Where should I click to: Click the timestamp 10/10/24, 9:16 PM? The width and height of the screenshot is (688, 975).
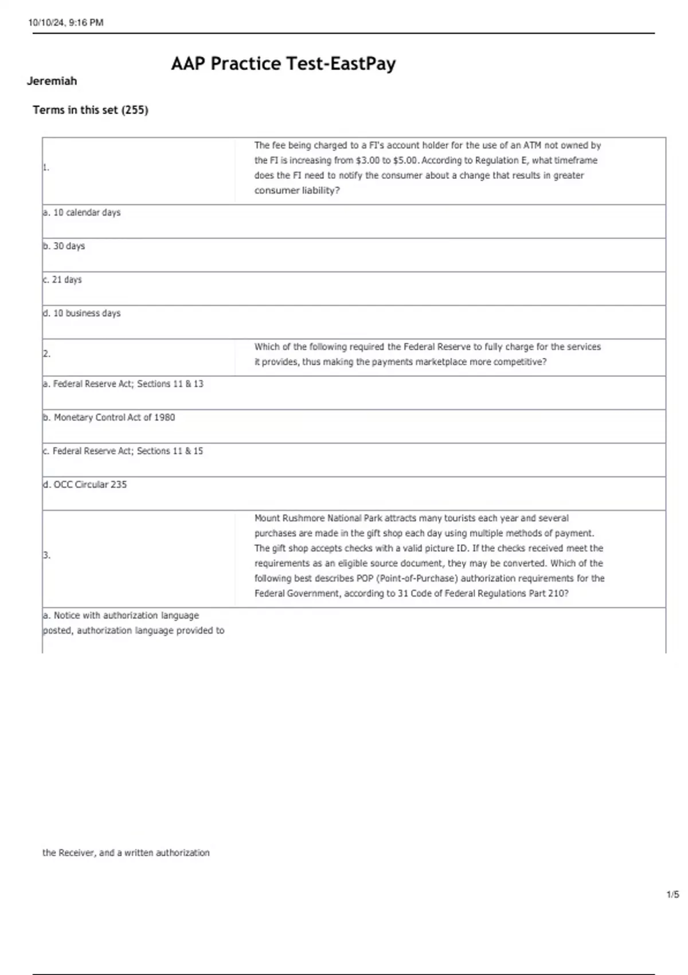[x=66, y=23]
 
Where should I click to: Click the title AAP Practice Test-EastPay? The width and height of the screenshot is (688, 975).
[x=283, y=64]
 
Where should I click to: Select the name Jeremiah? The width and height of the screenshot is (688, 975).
[x=52, y=81]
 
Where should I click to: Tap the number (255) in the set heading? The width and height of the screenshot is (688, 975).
[x=135, y=110]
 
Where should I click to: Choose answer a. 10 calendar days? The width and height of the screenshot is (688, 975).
[x=81, y=213]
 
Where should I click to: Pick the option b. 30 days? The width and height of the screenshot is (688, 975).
[x=64, y=246]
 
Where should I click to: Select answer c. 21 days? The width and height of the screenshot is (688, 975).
[x=62, y=280]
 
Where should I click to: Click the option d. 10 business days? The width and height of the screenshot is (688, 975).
[x=81, y=313]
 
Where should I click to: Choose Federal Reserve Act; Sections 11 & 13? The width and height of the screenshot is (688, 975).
[x=127, y=384]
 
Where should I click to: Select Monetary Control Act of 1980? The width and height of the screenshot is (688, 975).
[x=114, y=418]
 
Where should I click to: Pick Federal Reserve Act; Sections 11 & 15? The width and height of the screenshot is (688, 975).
[x=127, y=451]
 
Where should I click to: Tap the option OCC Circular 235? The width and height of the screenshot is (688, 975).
[x=89, y=485]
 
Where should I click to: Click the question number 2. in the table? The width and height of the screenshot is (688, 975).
[x=46, y=354]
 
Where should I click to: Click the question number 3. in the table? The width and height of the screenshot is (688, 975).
[x=46, y=555]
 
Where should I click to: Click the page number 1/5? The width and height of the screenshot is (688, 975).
[x=673, y=895]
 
